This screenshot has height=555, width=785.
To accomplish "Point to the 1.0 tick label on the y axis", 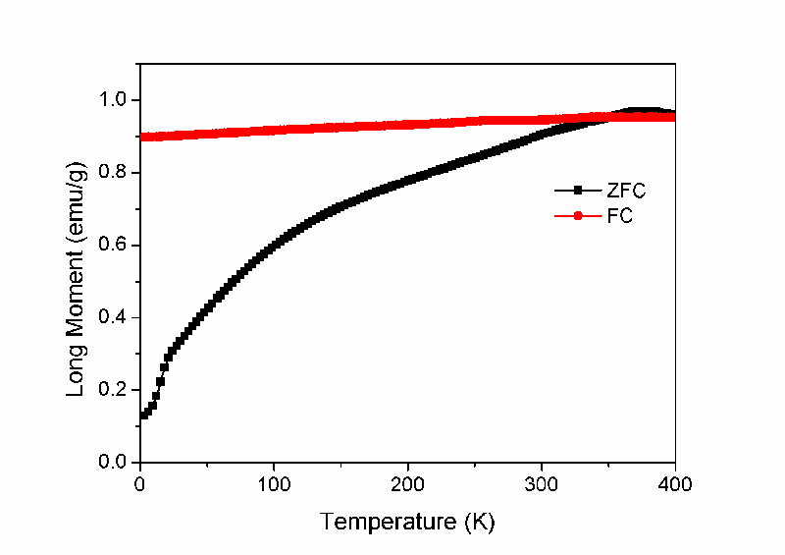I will tap(116, 100).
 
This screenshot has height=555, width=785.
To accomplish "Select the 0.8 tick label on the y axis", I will tap(116, 173).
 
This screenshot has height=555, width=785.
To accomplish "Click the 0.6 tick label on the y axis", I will tap(116, 246).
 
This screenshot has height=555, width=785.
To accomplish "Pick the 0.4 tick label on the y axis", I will tap(116, 317).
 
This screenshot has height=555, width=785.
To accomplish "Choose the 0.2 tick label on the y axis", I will tap(116, 390).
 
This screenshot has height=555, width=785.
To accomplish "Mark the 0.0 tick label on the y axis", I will tap(116, 463).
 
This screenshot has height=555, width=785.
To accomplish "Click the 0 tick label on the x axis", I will tap(140, 483).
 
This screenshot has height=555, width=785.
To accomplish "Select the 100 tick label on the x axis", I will tap(274, 483).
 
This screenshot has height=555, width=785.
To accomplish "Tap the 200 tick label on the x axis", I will tap(407, 483).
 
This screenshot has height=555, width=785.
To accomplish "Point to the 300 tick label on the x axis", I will tap(542, 483).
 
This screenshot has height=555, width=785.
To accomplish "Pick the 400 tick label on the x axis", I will tap(675, 483).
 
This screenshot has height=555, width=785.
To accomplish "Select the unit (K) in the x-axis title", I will tap(480, 521).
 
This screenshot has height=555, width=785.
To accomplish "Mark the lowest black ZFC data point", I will tap(144, 416).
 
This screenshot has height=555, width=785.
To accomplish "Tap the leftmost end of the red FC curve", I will tap(143, 137).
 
